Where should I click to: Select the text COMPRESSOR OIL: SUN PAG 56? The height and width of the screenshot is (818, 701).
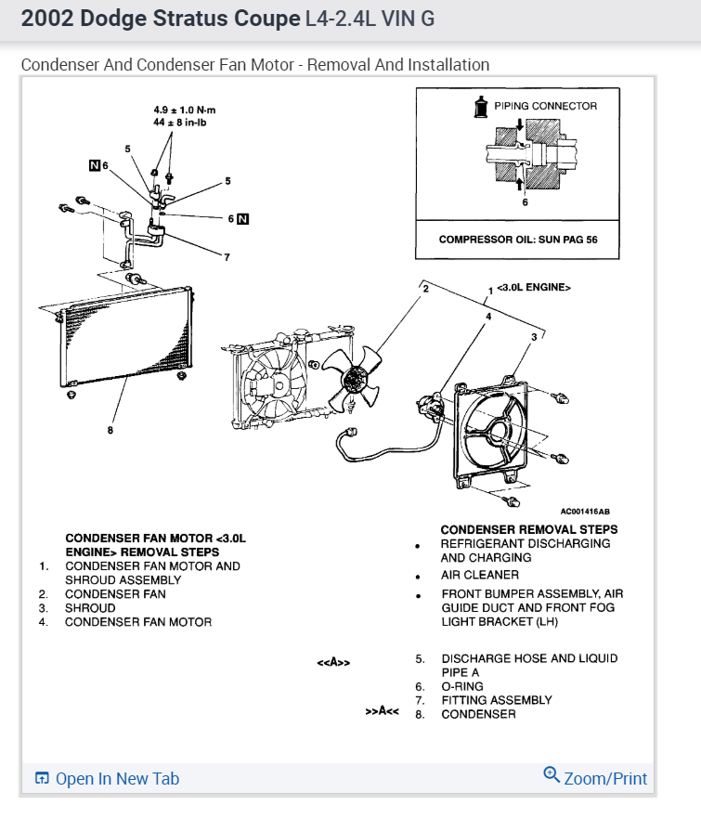pyautogui.click(x=518, y=240)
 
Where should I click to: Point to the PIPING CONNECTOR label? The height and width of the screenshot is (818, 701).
pyautogui.click(x=545, y=106)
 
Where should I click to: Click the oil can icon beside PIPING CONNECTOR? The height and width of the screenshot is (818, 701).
pyautogui.click(x=481, y=107)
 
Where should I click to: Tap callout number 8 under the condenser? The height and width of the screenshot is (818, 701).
pyautogui.click(x=111, y=430)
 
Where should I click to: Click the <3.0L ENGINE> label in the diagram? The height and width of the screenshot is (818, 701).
pyautogui.click(x=535, y=288)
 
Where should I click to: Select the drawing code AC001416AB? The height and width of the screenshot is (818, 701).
pyautogui.click(x=585, y=511)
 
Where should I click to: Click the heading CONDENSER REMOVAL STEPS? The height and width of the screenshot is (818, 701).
pyautogui.click(x=529, y=529)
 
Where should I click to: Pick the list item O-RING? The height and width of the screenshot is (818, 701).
pyautogui.click(x=462, y=686)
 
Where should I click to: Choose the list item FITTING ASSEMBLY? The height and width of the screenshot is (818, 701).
pyautogui.click(x=497, y=700)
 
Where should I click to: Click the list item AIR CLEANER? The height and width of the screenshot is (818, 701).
pyautogui.click(x=480, y=576)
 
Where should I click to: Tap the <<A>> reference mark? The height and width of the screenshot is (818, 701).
pyautogui.click(x=332, y=663)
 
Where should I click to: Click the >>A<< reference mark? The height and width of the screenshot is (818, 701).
pyautogui.click(x=382, y=713)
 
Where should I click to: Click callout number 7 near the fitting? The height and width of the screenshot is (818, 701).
pyautogui.click(x=226, y=257)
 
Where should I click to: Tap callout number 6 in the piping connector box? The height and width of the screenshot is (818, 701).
pyautogui.click(x=525, y=201)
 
